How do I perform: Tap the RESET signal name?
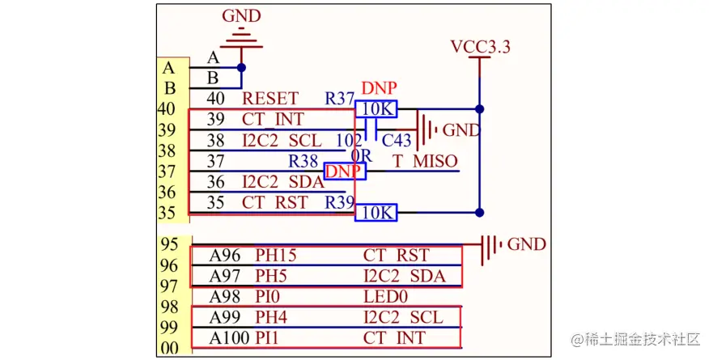coord(270,99)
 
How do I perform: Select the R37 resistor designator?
coord(340,99)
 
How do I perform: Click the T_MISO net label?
coord(425,161)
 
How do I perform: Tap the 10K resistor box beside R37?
coord(379,108)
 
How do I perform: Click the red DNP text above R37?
coord(379,87)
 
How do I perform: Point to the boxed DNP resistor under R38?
coord(344,171)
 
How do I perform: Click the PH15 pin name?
coord(276,256)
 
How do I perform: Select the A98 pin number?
coord(225,297)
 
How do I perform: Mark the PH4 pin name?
coord(271,317)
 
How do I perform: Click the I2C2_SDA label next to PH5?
coord(404,277)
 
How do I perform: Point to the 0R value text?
coord(360,154)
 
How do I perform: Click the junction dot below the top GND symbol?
coord(241,68)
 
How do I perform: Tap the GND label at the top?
coord(241,15)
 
